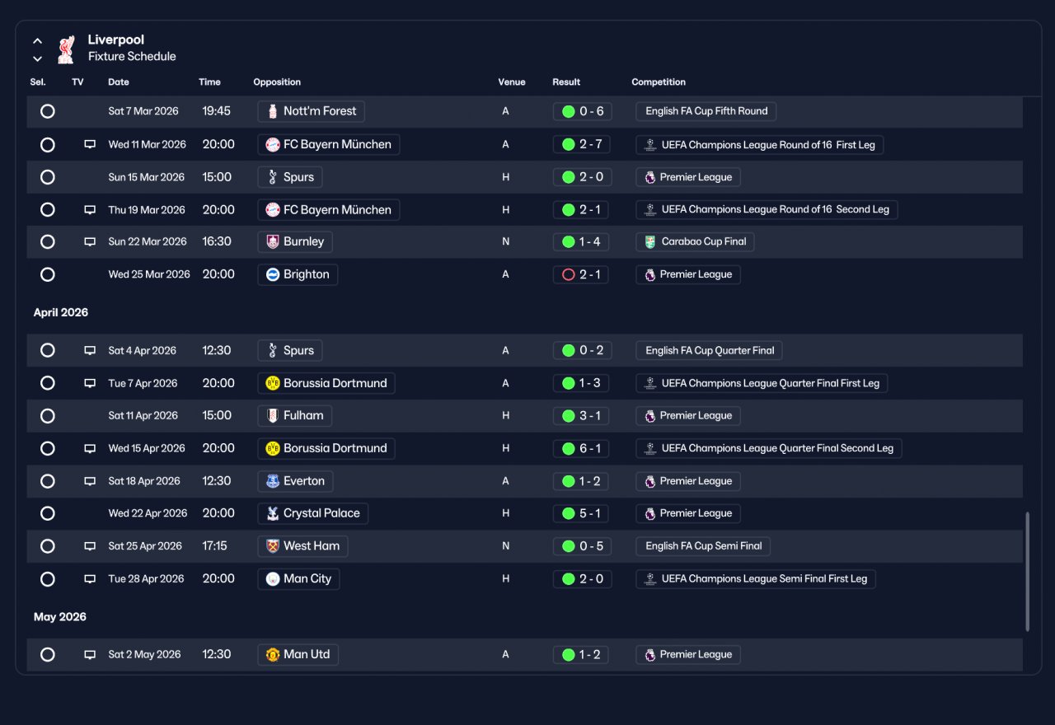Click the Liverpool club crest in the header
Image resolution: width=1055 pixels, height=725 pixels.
point(66,49)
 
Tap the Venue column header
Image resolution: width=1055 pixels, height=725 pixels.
point(512,82)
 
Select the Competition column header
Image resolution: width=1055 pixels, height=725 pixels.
point(659,82)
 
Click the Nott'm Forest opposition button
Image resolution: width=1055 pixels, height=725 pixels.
point(311,111)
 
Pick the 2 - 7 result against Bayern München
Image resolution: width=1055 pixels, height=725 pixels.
point(582,144)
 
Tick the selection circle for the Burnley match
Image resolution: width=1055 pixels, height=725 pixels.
point(48,242)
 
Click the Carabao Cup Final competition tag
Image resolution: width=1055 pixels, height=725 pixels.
point(695,242)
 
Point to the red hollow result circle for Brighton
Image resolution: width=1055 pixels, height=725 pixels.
point(569,274)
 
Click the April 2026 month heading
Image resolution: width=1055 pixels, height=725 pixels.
point(61,312)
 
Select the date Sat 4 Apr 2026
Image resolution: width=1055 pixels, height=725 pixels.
point(143,351)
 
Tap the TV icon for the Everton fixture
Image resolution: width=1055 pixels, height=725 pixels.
point(90,481)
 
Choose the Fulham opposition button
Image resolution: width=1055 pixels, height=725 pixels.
point(295,416)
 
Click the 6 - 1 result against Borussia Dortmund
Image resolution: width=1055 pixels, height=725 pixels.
point(581,449)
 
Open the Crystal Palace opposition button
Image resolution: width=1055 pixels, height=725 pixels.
point(312,513)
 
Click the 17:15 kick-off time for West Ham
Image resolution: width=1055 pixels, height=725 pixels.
point(214,546)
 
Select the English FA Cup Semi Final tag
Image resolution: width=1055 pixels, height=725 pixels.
point(703,546)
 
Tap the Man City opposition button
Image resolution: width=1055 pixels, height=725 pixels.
point(298,579)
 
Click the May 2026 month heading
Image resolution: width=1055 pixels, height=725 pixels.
point(60,617)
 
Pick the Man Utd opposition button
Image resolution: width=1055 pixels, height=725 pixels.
point(298,655)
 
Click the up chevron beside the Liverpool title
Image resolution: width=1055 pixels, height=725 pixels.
point(38,41)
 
